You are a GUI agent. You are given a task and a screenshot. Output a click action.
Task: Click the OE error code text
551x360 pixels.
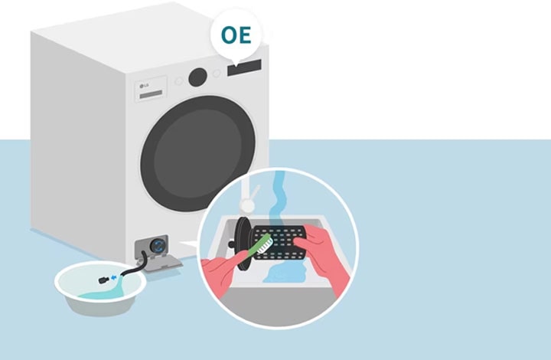click(236, 35)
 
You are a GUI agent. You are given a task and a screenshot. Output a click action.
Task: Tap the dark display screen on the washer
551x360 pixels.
click(244, 68)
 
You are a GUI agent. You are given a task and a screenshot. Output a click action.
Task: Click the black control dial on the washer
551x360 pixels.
click(197, 77)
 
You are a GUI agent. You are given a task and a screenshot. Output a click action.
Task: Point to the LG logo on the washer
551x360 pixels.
click(144, 86)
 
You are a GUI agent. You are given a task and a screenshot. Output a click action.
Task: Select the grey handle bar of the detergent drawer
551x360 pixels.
click(151, 94)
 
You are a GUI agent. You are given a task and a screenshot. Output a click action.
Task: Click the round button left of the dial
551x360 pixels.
click(179, 81)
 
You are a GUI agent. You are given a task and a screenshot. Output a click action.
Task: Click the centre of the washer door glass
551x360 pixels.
click(198, 154)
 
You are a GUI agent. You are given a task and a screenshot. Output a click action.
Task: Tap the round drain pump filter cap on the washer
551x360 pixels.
click(158, 245)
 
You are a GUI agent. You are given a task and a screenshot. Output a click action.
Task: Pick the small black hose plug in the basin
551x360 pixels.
click(103, 280)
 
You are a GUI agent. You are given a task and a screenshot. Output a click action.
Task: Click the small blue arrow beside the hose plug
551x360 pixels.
click(113, 278)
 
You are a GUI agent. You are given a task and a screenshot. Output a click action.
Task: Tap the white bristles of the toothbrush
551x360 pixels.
click(266, 245)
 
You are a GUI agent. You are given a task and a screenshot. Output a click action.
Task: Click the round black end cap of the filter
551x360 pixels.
click(243, 244)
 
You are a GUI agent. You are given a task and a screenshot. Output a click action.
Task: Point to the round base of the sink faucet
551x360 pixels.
click(247, 205)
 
